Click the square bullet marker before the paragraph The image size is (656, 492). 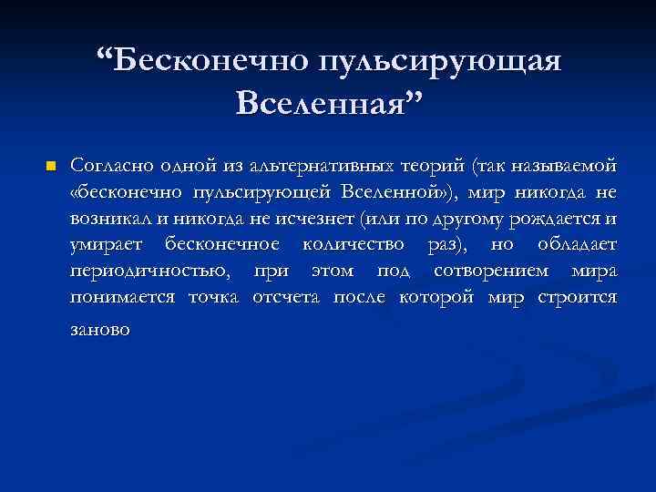(51, 167)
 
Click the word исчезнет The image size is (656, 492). (320, 219)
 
